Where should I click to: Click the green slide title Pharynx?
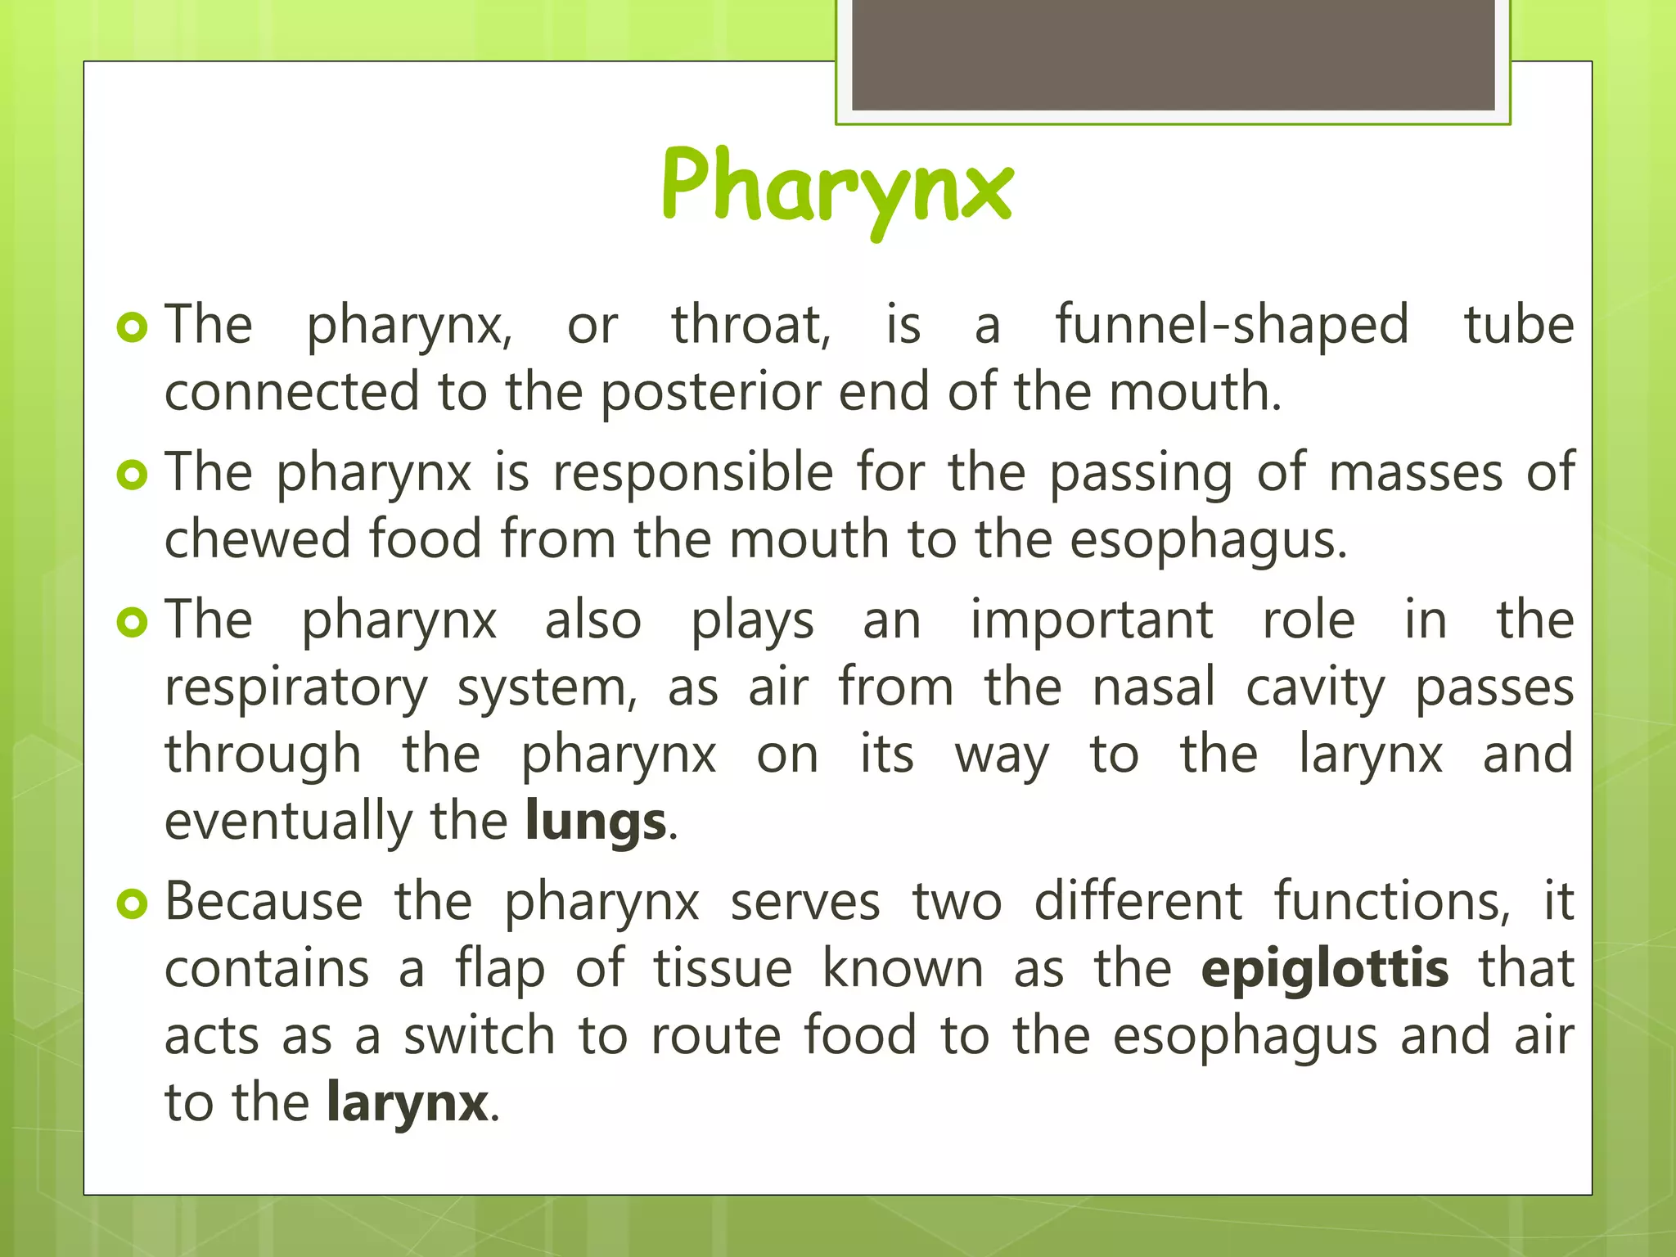(x=837, y=187)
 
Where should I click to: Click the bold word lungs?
(x=596, y=822)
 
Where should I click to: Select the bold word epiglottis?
(x=1325, y=969)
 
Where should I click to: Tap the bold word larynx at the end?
(x=407, y=1102)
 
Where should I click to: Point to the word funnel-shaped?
(x=1232, y=325)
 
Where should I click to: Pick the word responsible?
(x=693, y=473)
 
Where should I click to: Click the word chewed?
(x=256, y=539)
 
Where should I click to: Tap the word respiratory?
(x=296, y=687)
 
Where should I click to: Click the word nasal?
(x=1154, y=687)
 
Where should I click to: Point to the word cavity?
(x=1315, y=687)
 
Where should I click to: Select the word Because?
(x=264, y=902)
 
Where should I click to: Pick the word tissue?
(x=723, y=969)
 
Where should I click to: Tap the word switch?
(x=480, y=1035)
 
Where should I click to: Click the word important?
(x=1092, y=619)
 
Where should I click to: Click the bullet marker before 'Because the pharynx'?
(x=132, y=904)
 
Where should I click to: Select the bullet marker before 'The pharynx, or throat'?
(x=132, y=327)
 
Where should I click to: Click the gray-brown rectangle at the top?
(x=1173, y=54)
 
